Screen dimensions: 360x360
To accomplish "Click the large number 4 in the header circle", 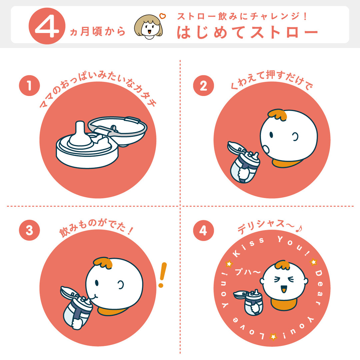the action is (x=47, y=26).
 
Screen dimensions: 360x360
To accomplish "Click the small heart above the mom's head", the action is (x=163, y=16).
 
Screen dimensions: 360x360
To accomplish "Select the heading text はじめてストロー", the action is (x=247, y=32).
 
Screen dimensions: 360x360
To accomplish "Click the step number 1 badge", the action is (x=29, y=85).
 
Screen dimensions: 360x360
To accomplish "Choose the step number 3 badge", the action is (x=29, y=230).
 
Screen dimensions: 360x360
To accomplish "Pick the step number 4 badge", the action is (x=203, y=230).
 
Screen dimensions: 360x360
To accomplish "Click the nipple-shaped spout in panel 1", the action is (x=80, y=135).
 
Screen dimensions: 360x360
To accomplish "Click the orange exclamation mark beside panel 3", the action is (x=162, y=275).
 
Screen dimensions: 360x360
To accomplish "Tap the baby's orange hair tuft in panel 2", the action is (x=277, y=115).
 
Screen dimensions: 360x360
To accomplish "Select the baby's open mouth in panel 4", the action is (x=284, y=289).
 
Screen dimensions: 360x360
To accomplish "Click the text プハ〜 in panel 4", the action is (x=248, y=272).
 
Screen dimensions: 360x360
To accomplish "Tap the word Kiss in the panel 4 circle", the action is (x=248, y=247).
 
